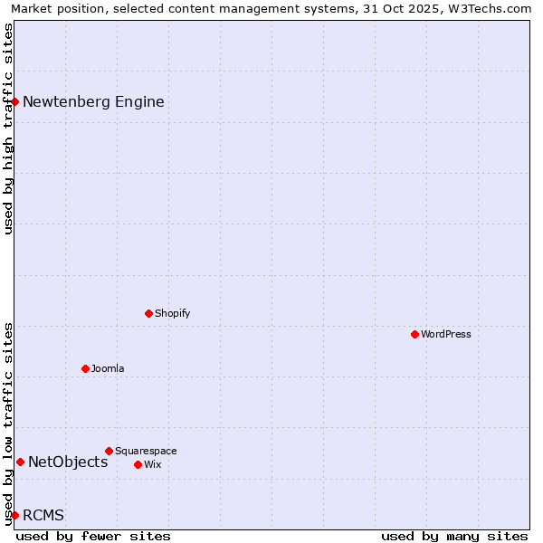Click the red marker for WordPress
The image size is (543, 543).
pyautogui.click(x=415, y=334)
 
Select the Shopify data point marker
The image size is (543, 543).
pyautogui.click(x=149, y=313)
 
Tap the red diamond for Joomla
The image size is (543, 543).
pyautogui.click(x=86, y=368)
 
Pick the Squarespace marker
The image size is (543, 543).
pyautogui.click(x=110, y=451)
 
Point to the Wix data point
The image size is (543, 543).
pyautogui.click(x=138, y=464)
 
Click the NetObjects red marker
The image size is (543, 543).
pyautogui.click(x=20, y=462)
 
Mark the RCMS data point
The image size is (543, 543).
pyautogui.click(x=15, y=515)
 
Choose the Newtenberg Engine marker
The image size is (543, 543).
pyautogui.click(x=15, y=101)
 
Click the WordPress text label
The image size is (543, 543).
pyautogui.click(x=446, y=334)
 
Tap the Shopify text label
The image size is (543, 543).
pyautogui.click(x=173, y=313)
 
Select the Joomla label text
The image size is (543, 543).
pyautogui.click(x=108, y=368)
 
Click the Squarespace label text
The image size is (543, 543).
pyautogui.click(x=146, y=451)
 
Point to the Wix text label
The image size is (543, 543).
pyautogui.click(x=153, y=464)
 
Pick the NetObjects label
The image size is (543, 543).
pyautogui.click(x=68, y=462)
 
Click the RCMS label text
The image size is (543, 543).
pyautogui.click(x=43, y=515)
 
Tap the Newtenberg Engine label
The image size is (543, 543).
pyautogui.click(x=93, y=101)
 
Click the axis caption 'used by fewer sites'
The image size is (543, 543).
pyautogui.click(x=93, y=536)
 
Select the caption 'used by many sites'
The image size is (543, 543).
pyautogui.click(x=454, y=536)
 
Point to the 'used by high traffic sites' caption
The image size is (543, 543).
pyautogui.click(x=9, y=129)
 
